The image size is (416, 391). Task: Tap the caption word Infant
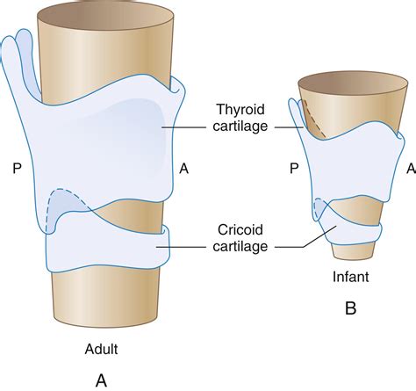click(349, 277)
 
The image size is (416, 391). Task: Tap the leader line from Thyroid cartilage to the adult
click(189, 126)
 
